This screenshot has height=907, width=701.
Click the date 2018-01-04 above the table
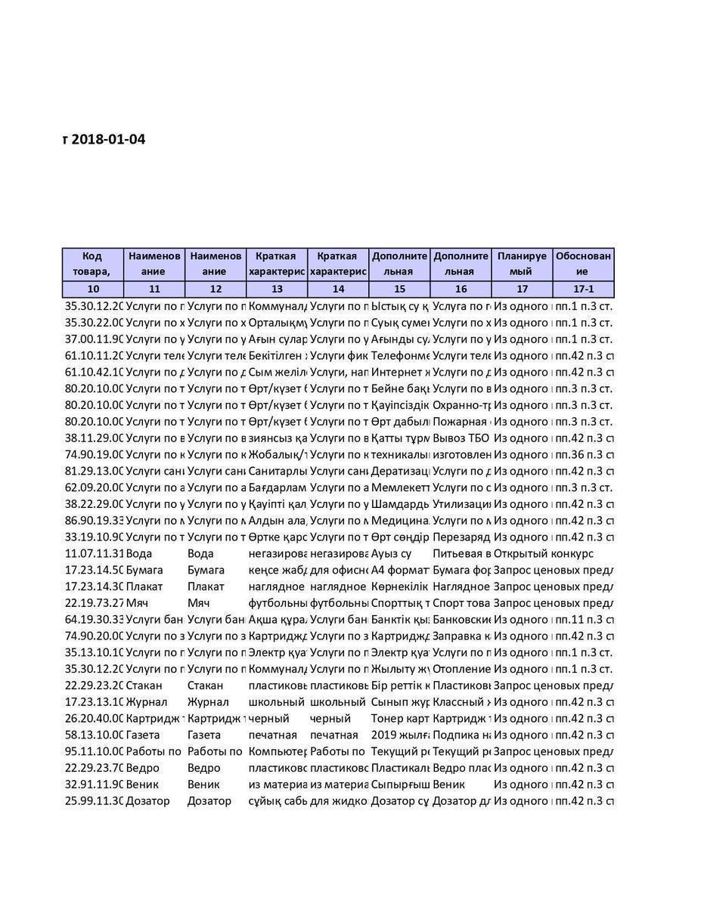108,139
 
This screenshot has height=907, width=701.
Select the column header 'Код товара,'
92,264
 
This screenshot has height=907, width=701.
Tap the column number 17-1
583,289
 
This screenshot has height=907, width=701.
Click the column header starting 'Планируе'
522,264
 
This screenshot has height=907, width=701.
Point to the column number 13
277,289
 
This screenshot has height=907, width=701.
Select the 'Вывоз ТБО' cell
460,438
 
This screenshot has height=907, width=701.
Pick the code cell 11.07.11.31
94,553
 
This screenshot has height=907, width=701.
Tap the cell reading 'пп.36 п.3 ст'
583,454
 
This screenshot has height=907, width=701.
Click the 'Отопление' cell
461,669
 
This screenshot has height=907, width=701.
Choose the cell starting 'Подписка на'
461,735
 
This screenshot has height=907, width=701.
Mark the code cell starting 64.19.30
94,620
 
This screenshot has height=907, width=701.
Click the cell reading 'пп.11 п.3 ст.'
583,620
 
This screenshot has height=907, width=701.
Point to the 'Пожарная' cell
461,422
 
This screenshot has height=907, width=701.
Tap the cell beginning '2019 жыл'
399,735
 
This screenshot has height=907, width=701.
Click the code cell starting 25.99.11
94,800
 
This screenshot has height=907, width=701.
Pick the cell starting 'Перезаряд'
461,537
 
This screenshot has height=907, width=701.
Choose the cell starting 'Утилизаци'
461,504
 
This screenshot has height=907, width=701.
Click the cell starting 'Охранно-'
461,405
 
